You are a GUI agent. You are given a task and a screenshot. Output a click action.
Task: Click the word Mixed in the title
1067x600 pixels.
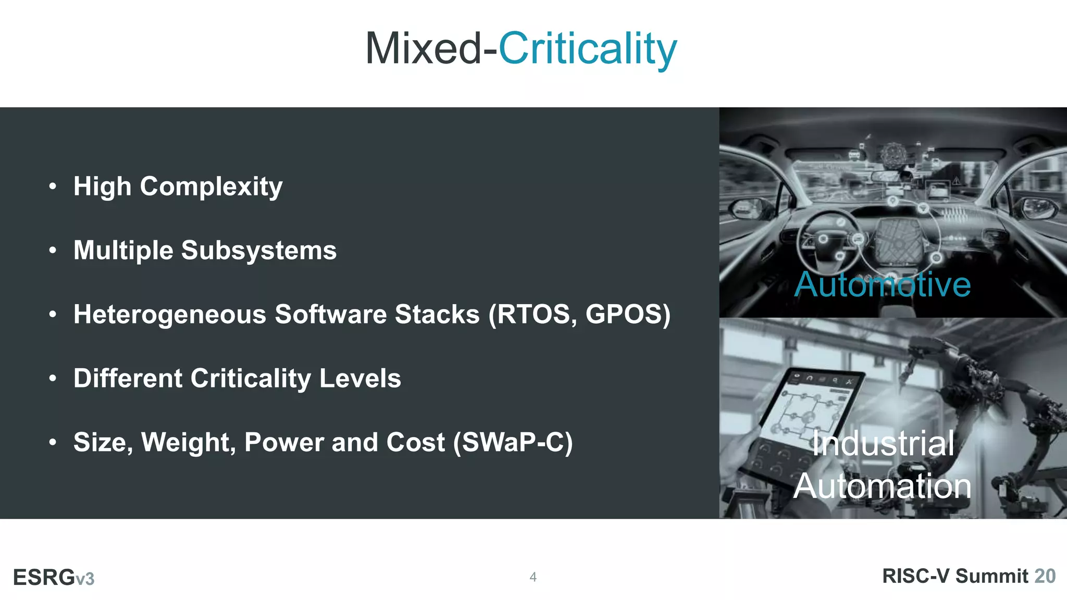coord(423,48)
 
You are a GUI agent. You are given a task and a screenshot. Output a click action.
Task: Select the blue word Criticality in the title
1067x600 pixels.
coord(588,49)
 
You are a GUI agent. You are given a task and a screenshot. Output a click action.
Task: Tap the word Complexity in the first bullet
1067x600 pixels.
coord(211,186)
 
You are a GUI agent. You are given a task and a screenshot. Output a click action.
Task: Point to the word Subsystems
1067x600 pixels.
coord(258,251)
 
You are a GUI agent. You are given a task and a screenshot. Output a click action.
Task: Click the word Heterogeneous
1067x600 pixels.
coord(169,315)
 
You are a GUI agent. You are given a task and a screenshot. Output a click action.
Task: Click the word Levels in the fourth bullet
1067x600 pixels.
coord(360,379)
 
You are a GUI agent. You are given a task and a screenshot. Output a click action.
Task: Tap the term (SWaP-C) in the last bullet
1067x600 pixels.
coord(513,443)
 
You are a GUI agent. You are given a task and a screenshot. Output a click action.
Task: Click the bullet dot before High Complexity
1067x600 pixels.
coord(53,186)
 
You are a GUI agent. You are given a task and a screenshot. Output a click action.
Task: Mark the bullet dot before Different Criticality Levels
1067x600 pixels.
coord(53,379)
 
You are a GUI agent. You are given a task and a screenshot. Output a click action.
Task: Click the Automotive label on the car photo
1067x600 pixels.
coord(882,285)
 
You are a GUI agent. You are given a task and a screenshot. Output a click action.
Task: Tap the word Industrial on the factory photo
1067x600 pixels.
coord(884,444)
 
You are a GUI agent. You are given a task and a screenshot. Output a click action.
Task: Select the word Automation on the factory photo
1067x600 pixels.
coord(882,486)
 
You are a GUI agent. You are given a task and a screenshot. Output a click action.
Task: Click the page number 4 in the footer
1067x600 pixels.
coord(533,577)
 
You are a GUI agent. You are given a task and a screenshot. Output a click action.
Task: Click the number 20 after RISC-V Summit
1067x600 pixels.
coord(1045,576)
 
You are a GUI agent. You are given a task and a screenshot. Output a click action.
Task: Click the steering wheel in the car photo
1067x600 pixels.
coord(828,240)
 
